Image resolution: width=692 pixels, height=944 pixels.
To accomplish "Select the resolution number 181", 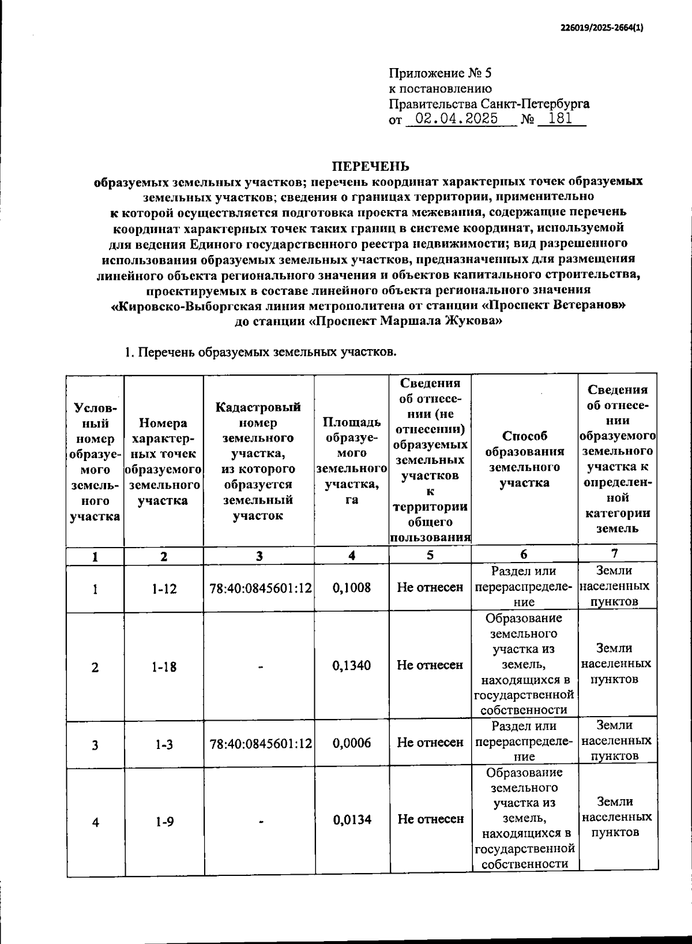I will [561, 119].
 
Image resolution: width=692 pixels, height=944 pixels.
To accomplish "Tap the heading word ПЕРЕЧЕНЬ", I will [370, 167].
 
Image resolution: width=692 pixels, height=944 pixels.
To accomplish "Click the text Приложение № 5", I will [440, 73].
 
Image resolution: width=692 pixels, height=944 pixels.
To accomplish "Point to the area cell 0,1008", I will [351, 588].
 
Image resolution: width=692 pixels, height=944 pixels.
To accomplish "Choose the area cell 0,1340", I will [351, 665].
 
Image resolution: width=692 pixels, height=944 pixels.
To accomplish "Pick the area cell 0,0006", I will [351, 743].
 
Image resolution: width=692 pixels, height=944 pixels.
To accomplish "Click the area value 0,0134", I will [351, 820].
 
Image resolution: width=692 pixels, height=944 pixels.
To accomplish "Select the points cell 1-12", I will [164, 589].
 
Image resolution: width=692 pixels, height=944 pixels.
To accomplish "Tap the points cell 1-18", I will [164, 666].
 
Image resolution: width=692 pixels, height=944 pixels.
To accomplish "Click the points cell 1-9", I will [164, 822].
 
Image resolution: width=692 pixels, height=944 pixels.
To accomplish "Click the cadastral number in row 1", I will [260, 589].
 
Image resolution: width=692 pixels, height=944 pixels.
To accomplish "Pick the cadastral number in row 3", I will [260, 744].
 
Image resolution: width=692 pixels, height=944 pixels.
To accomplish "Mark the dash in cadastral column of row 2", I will [260, 666].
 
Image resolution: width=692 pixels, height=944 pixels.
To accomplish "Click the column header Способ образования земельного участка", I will [524, 459].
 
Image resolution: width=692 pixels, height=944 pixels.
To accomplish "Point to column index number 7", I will [615, 553].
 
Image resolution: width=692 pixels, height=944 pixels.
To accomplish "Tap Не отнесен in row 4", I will [430, 819].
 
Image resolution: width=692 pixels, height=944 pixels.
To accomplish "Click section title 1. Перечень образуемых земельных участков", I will [261, 352].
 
